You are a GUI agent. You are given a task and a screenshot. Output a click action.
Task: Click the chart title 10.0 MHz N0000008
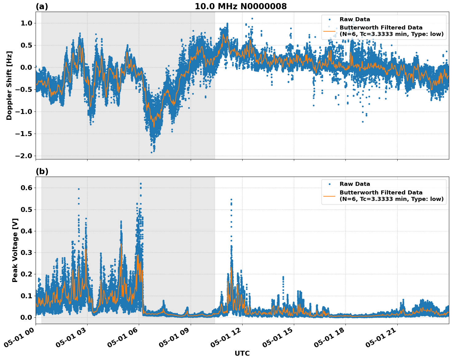[240, 6]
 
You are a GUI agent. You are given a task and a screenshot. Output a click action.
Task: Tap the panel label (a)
[42, 6]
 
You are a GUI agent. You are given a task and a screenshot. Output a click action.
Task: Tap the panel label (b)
[42, 171]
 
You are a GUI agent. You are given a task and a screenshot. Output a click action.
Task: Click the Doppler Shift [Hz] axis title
[9, 85]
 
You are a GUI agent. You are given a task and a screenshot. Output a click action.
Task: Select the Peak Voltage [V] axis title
[15, 250]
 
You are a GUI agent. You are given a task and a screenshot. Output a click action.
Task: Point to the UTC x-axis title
[242, 353]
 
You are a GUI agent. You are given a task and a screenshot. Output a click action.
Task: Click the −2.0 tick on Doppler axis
[24, 156]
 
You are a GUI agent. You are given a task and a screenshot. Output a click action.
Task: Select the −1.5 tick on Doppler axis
[24, 134]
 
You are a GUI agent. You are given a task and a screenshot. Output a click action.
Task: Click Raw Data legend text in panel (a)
[355, 20]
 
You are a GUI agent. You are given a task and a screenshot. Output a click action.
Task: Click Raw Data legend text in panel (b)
[355, 184]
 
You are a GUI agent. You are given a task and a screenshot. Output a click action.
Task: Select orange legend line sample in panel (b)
[329, 196]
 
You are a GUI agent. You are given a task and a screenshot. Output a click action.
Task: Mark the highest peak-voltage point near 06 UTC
[141, 184]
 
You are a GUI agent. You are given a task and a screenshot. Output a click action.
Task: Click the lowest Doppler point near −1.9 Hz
[151, 152]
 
